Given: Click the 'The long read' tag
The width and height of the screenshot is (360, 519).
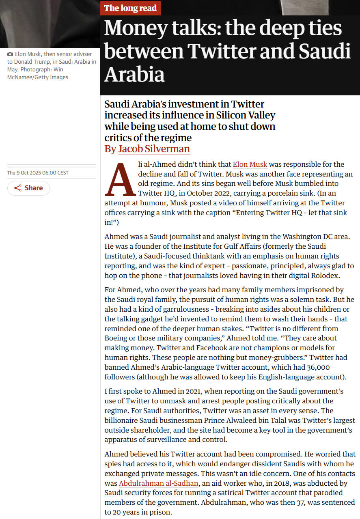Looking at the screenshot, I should (130, 8).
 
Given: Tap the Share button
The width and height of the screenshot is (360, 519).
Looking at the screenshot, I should (28, 188).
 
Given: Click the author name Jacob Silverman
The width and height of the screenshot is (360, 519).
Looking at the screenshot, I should (154, 149).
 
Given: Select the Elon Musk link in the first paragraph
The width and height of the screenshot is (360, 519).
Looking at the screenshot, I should (250, 164).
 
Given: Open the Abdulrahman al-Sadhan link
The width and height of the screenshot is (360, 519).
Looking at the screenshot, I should (159, 483).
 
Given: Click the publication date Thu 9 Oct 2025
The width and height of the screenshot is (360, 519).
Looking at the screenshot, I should (38, 173).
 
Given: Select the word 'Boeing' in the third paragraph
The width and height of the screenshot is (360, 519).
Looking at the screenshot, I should (117, 338).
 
